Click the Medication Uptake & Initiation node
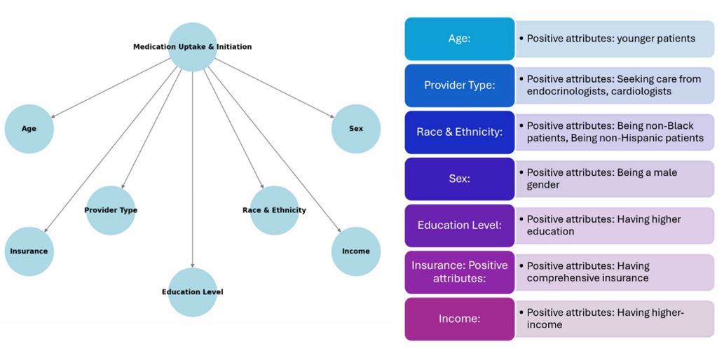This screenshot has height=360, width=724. (193, 47)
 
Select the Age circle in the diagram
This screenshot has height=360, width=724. (29, 129)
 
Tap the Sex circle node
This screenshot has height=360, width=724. (356, 129)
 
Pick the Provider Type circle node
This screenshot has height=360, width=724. (111, 210)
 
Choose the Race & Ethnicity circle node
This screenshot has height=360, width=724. (274, 210)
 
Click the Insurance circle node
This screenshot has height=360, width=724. (29, 251)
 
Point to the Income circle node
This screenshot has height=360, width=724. (356, 251)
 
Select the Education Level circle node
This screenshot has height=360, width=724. (193, 292)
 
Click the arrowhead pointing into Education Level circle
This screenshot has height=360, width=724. (193, 265)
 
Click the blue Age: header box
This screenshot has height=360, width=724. (460, 39)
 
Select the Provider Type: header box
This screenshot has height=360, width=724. (460, 85)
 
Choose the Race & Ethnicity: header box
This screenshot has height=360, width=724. (460, 132)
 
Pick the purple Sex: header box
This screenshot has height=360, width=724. (460, 179)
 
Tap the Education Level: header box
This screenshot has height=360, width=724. (460, 225)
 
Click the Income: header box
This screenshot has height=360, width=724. (460, 319)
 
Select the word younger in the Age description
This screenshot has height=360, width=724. (636, 39)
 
